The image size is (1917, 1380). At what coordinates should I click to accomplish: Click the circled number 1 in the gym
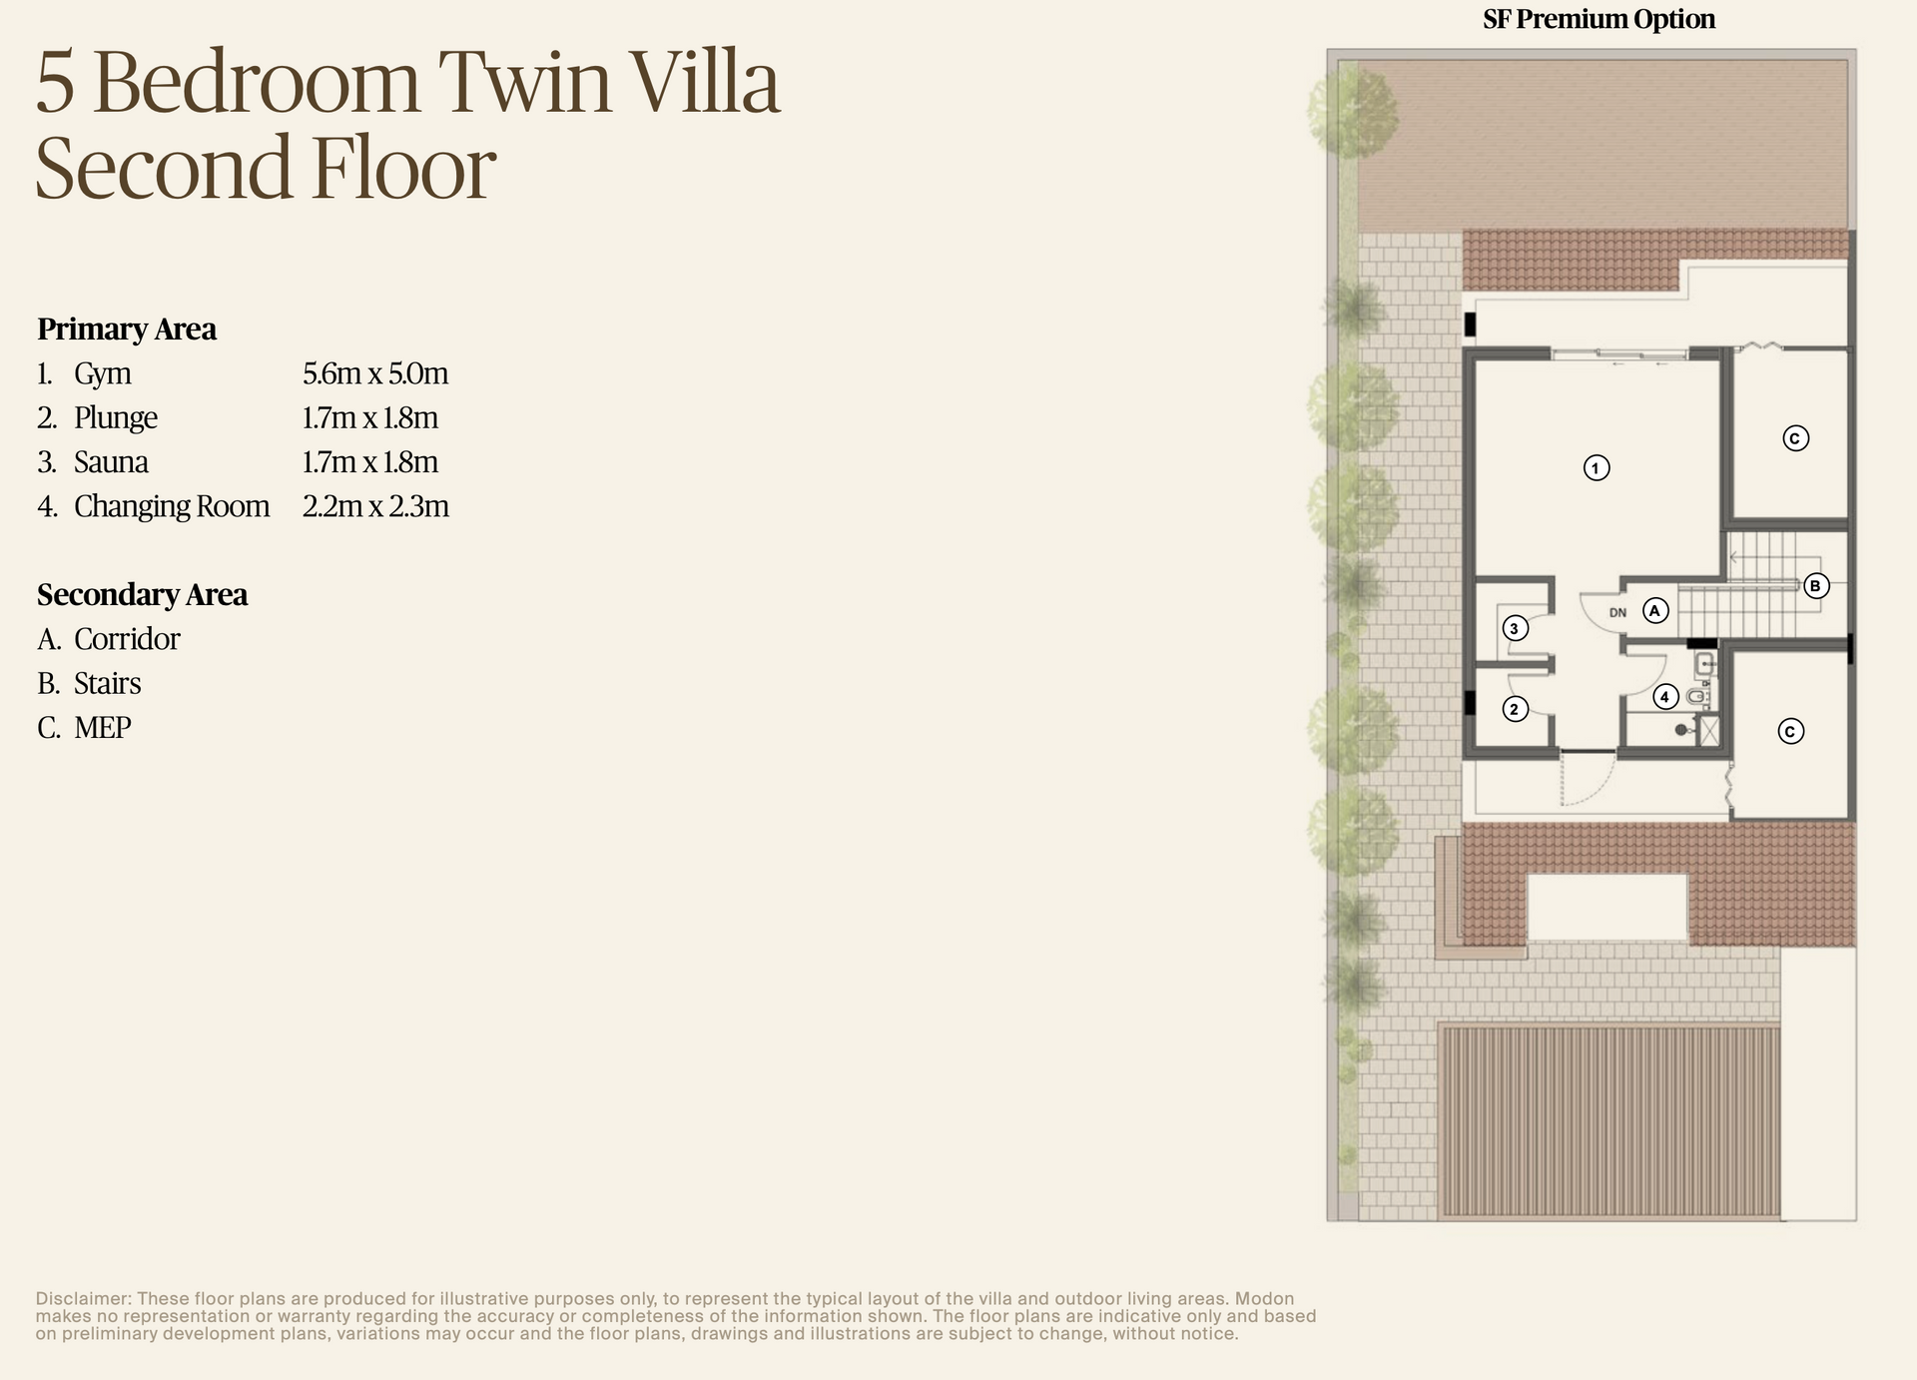click(x=1596, y=467)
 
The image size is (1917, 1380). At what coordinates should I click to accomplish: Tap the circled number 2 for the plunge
click(x=1515, y=709)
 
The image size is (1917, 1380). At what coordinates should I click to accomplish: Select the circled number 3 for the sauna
click(x=1515, y=628)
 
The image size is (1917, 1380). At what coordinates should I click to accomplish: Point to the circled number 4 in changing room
click(x=1664, y=697)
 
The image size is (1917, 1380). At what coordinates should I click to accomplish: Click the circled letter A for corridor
click(x=1655, y=610)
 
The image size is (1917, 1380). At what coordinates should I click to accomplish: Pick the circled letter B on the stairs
click(x=1815, y=586)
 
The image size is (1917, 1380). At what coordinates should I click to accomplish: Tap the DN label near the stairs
click(x=1617, y=613)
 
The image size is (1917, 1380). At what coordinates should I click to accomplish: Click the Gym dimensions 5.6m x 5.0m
click(x=375, y=374)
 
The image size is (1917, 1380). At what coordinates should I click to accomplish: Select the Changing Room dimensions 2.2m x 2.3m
click(x=375, y=507)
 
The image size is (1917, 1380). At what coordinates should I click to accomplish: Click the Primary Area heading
click(x=127, y=330)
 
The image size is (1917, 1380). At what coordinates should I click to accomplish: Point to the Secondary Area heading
click(x=142, y=595)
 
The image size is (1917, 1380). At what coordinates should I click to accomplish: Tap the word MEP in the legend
click(x=103, y=728)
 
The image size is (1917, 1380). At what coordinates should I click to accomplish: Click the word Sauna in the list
click(x=111, y=462)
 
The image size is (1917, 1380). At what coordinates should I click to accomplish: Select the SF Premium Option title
click(x=1598, y=19)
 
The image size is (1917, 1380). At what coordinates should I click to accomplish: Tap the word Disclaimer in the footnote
click(x=83, y=1299)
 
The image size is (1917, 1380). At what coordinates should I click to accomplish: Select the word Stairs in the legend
click(x=108, y=684)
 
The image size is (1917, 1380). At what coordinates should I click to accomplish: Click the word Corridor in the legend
click(x=127, y=639)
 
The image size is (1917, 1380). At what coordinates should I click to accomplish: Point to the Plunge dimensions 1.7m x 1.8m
click(x=370, y=418)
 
